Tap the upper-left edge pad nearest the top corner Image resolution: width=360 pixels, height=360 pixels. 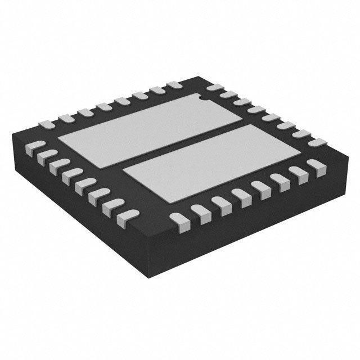coord(174,85)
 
